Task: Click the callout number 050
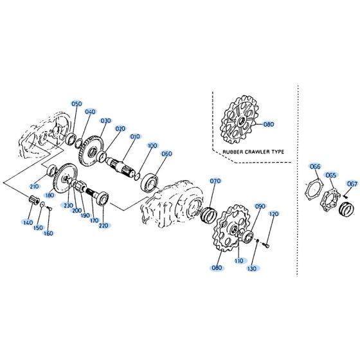[76, 104]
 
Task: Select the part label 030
[105, 121]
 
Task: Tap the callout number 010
[134, 137]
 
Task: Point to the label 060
[166, 154]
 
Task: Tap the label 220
[104, 225]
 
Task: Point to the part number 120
[273, 214]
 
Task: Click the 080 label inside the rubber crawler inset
[269, 125]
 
